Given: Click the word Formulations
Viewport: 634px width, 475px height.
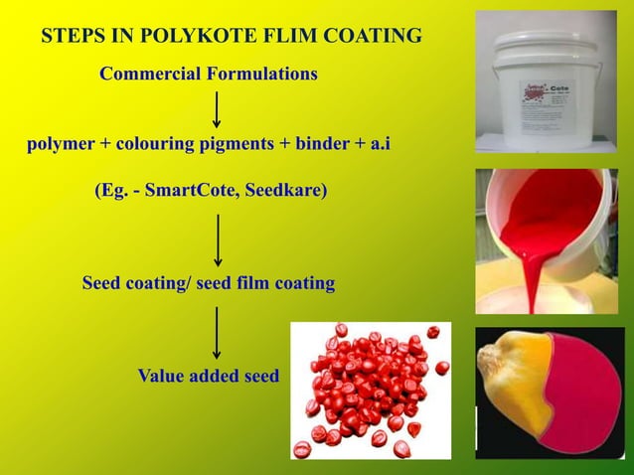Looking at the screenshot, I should pyautogui.click(x=261, y=74).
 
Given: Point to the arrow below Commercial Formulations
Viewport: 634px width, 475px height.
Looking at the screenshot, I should pyautogui.click(x=217, y=108).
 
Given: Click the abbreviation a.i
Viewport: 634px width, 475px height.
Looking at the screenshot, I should pyautogui.click(x=380, y=144).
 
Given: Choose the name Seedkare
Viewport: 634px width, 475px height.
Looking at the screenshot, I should pyautogui.click(x=287, y=190).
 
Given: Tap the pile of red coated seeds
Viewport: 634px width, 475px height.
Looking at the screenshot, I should pyautogui.click(x=370, y=390).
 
